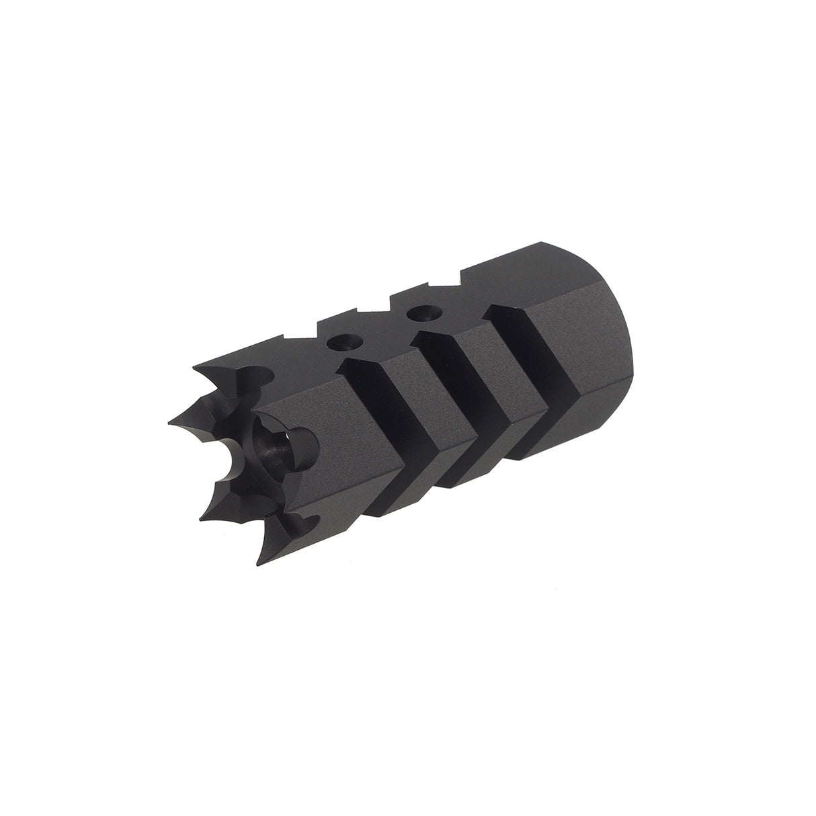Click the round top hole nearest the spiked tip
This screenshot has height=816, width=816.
339,342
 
